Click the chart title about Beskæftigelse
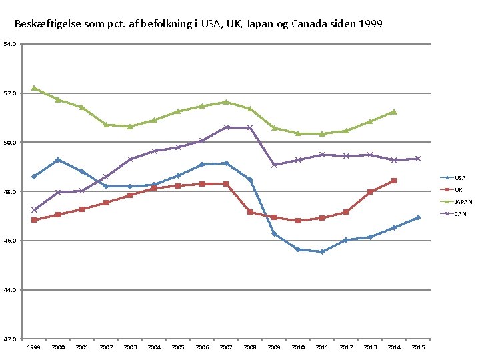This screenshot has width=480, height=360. (x=199, y=24)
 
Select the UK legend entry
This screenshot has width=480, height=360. (x=451, y=190)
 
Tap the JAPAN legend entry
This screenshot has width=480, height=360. (x=456, y=202)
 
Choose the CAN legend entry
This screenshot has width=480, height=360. (x=453, y=214)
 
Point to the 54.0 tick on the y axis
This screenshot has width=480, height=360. (x=10, y=44)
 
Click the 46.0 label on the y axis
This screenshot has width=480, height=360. (x=10, y=241)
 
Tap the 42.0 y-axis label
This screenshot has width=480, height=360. (x=10, y=339)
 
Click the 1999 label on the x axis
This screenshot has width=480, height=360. (x=34, y=347)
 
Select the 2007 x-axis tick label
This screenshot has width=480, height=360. (x=226, y=347)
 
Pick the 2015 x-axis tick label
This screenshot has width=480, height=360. (x=418, y=347)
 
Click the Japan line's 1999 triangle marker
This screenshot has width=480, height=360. (x=34, y=88)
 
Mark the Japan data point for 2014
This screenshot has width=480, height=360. (x=394, y=112)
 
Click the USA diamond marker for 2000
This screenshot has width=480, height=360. (x=58, y=160)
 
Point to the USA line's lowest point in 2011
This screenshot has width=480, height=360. (x=322, y=251)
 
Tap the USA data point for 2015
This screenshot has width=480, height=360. (x=418, y=217)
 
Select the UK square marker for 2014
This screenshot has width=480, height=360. (x=394, y=181)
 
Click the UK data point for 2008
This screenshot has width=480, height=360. (x=250, y=212)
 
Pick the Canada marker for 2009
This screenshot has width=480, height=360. (x=274, y=165)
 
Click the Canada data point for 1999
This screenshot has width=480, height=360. (x=34, y=210)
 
